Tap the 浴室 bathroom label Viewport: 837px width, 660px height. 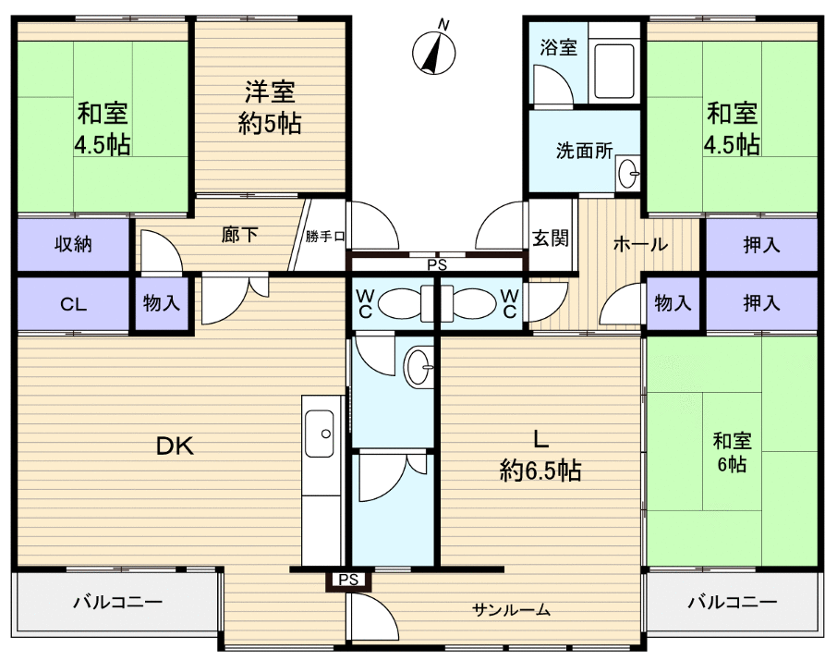point(558,46)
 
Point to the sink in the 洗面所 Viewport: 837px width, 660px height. point(628,172)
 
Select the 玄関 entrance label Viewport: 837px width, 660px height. point(550,238)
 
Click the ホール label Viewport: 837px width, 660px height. point(639,245)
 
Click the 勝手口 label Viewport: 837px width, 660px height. point(325,237)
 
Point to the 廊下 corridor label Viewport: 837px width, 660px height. point(239,235)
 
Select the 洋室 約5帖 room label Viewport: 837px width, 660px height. point(269,107)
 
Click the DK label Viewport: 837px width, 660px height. point(173,446)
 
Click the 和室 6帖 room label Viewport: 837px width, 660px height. point(731,451)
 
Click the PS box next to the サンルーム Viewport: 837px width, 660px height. point(347,581)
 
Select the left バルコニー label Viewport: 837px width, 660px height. point(117,602)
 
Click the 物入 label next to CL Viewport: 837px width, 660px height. point(163,304)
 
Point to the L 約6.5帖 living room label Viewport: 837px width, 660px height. point(540,455)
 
